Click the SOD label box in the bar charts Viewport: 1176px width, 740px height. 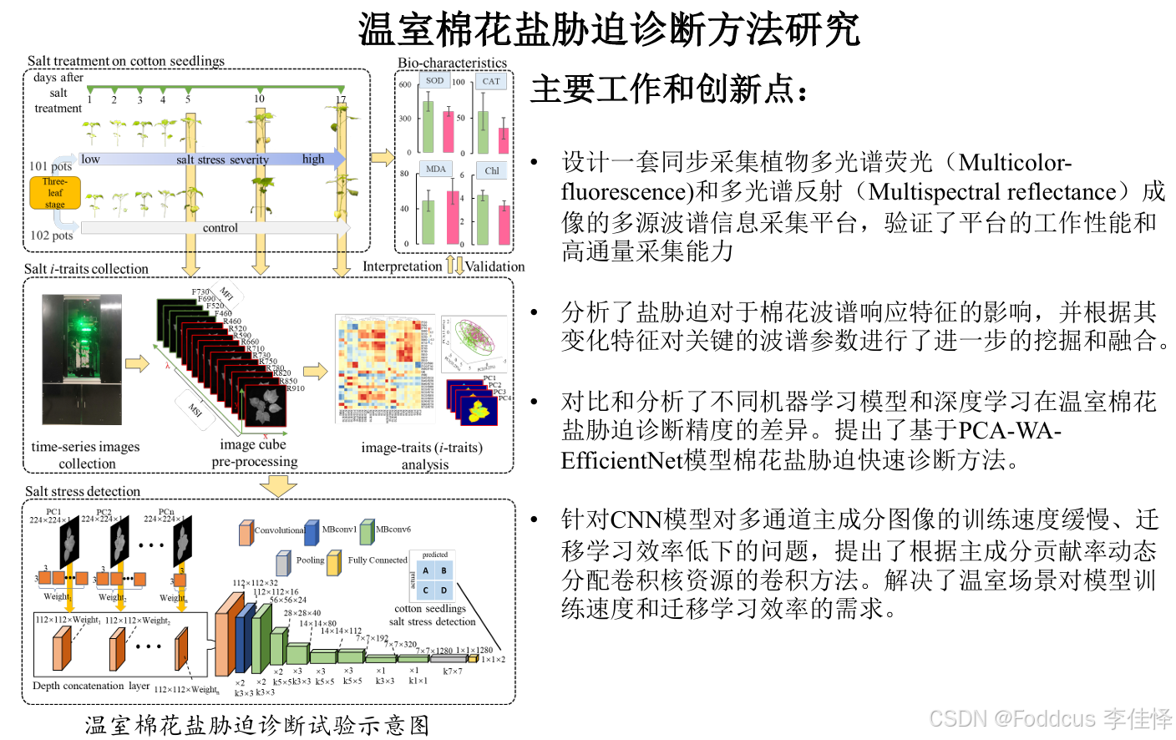(434, 81)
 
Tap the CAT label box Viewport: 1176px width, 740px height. (491, 81)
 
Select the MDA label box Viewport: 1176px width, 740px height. (436, 169)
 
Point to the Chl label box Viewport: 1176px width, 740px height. (492, 170)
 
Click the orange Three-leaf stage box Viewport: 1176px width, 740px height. (55, 193)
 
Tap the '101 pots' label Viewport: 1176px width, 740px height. (50, 166)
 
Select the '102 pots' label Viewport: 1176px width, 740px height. (51, 236)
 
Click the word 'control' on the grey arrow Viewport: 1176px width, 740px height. (220, 228)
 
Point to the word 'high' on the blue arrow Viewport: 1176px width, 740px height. (313, 160)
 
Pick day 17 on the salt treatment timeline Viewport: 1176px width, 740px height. (341, 99)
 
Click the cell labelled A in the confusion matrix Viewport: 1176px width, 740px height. (426, 571)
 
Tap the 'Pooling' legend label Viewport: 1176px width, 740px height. (310, 560)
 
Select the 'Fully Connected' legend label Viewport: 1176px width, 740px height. (378, 560)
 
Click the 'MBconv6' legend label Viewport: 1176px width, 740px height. (393, 530)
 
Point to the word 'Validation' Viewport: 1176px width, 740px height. (495, 266)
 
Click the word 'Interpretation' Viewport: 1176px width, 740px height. (402, 266)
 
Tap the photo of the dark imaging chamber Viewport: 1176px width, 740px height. (82, 359)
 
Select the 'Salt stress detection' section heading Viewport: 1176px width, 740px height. (83, 491)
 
